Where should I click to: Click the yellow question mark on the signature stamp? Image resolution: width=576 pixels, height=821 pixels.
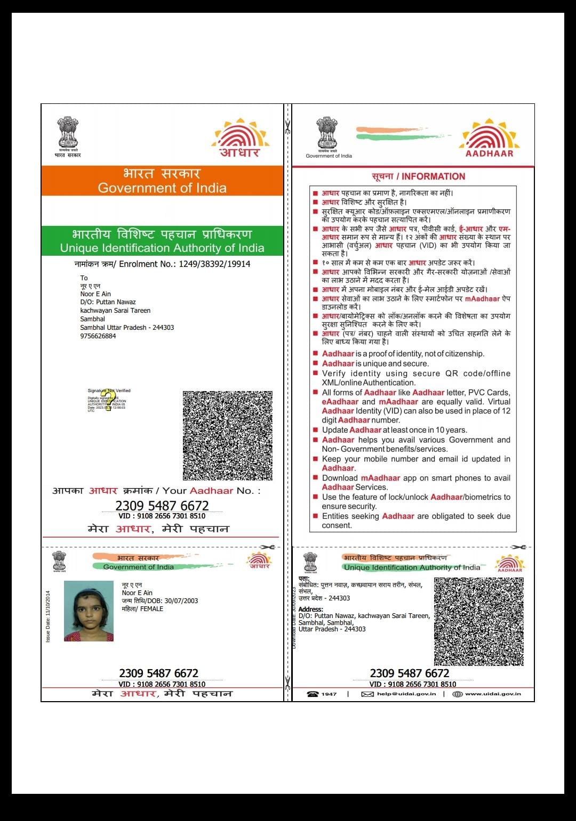[108, 399]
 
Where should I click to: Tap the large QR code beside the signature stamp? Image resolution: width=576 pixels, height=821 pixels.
[228, 435]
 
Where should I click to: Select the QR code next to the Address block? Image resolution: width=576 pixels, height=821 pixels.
[479, 621]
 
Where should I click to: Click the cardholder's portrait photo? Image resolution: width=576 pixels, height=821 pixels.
[89, 611]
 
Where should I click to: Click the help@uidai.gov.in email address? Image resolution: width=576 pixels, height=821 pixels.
[406, 694]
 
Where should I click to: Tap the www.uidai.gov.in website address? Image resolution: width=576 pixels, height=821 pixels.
[493, 694]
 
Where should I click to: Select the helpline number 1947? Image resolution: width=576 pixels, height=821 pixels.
[329, 694]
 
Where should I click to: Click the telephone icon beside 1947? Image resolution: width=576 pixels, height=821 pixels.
[313, 694]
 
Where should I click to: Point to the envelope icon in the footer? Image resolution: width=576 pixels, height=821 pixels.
[367, 694]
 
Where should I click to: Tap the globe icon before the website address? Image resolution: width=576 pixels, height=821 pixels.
[457, 694]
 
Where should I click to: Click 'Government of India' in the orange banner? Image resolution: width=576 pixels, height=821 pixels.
[162, 188]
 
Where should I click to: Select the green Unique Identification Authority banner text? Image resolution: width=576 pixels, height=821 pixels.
[162, 248]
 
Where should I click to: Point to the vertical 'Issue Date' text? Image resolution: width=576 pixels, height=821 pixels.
[48, 616]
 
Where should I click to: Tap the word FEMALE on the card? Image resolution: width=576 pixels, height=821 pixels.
[151, 608]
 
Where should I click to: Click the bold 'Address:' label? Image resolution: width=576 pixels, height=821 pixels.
[310, 609]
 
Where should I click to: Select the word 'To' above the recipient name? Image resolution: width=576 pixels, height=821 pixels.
[84, 278]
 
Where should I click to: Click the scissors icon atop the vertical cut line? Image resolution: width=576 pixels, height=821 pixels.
[288, 127]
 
